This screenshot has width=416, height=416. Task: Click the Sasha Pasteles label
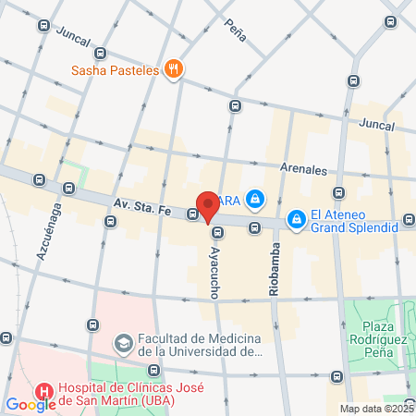coord(116,69)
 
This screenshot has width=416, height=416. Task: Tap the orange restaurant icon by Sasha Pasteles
coord(173,68)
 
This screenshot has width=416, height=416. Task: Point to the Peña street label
coord(235,30)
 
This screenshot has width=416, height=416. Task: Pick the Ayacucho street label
coord(215,265)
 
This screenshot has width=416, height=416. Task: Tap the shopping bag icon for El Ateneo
coord(296,219)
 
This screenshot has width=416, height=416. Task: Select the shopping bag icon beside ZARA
coord(256,197)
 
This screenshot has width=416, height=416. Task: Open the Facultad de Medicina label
coord(202,344)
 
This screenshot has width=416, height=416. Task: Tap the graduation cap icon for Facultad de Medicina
coord(122,344)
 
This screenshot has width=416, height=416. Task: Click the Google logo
coord(30,404)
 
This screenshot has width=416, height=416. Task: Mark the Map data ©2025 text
coord(376,409)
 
